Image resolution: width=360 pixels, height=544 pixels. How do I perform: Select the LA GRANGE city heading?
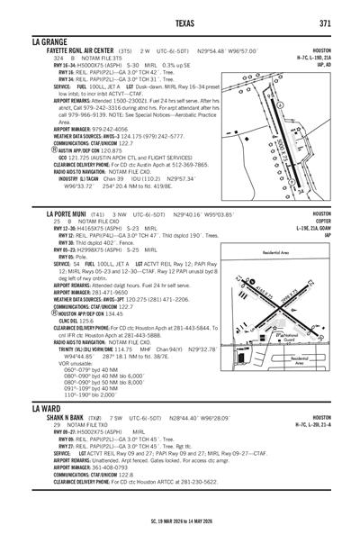pyautogui.click(x=54, y=41)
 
